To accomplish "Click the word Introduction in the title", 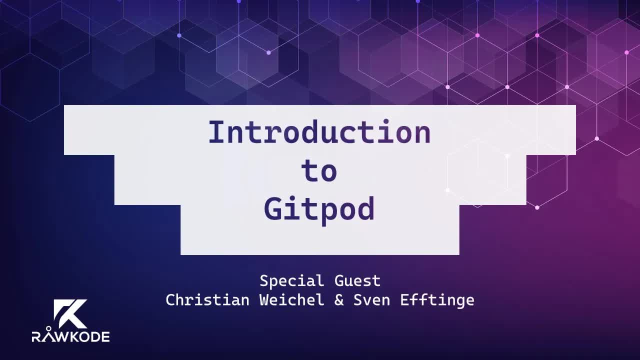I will pos(319,133).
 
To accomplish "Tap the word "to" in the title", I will pos(319,171).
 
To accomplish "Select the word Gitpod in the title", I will pos(319,209).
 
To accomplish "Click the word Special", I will pos(291,281).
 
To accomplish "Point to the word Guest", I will pos(357,281).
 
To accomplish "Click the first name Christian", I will pos(207,300).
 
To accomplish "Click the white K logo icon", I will pos(70,314).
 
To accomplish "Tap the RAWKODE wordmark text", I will pos(70,336).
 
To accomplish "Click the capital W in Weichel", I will pos(264,300).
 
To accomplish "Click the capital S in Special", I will pos(264,281).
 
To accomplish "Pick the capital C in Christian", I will pos(170,300).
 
